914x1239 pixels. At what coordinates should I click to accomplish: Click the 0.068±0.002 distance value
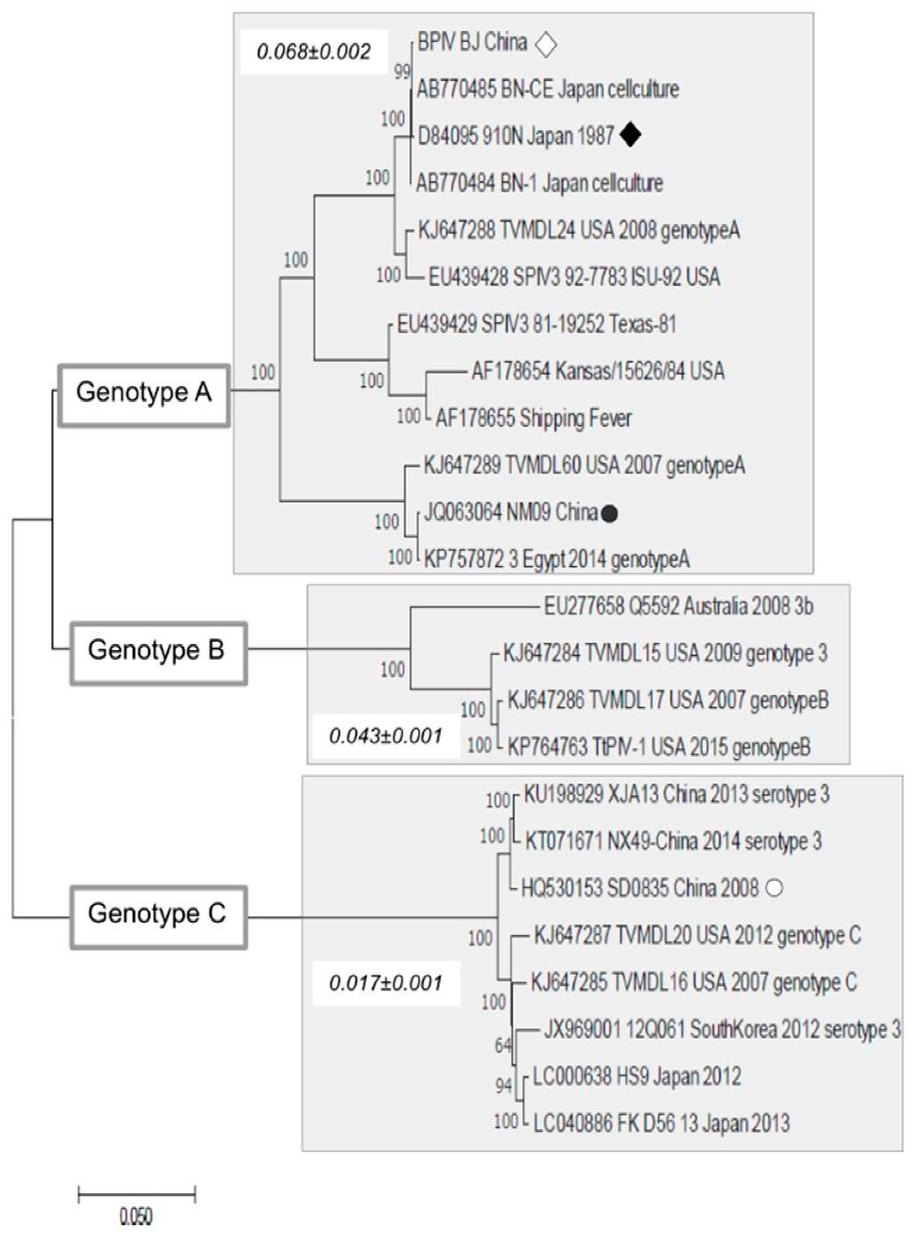click(314, 52)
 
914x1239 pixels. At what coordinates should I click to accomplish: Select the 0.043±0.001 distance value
click(386, 737)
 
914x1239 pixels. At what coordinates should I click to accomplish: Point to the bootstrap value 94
click(504, 1086)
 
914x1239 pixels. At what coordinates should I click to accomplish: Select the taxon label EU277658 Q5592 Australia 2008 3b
click(678, 607)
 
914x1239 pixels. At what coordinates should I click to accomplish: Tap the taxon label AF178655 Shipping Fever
click(534, 418)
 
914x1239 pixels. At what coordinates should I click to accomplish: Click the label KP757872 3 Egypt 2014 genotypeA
click(557, 560)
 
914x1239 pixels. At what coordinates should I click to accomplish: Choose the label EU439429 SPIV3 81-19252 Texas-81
click(536, 324)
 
